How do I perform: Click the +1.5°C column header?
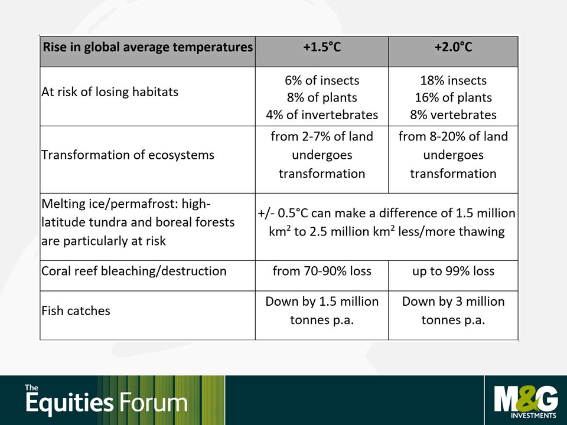tap(322, 47)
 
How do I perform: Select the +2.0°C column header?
tap(453, 47)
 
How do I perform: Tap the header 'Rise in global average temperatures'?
tap(148, 47)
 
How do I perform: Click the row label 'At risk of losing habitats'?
tap(110, 92)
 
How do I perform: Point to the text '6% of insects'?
tap(322, 80)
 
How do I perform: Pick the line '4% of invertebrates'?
tap(322, 115)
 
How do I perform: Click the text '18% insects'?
tap(453, 80)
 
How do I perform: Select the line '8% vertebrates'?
tap(453, 115)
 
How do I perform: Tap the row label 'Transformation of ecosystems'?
tap(128, 155)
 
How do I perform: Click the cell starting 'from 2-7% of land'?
tap(322, 155)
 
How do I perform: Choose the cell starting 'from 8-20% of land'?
tap(453, 155)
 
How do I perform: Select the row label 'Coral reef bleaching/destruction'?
tap(134, 271)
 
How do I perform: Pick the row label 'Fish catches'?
tap(76, 311)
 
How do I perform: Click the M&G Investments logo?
tap(526, 401)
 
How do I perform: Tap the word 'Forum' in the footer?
tap(154, 403)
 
